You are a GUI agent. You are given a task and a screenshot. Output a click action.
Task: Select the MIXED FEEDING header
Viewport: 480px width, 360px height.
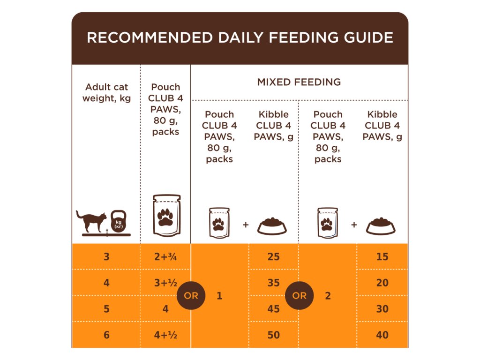tap(299, 82)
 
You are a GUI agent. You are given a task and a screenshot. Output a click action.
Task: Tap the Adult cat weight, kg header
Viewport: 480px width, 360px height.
tap(106, 92)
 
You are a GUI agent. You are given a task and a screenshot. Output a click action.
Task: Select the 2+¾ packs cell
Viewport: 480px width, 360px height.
tap(165, 256)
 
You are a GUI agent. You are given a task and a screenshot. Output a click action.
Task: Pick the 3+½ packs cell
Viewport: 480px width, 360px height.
tap(165, 283)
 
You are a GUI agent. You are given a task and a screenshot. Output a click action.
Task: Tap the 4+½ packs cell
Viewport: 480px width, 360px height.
tap(165, 335)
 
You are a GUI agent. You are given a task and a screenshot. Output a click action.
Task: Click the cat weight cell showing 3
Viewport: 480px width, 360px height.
tap(106, 256)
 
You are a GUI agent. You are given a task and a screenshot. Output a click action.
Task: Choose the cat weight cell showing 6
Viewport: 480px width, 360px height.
tap(106, 335)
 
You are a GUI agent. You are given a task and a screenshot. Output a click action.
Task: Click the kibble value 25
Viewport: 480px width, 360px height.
tap(273, 256)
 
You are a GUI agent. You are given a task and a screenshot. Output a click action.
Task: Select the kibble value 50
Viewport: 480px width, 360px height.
tap(273, 335)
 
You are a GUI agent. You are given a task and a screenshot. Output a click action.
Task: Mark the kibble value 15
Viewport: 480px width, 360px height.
tap(382, 256)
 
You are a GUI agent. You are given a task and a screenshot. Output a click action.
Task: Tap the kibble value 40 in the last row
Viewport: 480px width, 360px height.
tap(382, 335)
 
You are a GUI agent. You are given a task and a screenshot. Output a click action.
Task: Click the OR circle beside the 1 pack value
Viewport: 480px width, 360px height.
tap(191, 296)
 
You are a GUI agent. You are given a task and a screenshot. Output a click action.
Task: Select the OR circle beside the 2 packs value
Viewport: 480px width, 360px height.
tap(299, 296)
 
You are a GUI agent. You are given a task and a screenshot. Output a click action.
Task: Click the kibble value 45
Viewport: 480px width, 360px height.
tap(273, 309)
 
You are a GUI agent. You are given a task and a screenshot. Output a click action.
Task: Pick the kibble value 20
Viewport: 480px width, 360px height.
tap(382, 283)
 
